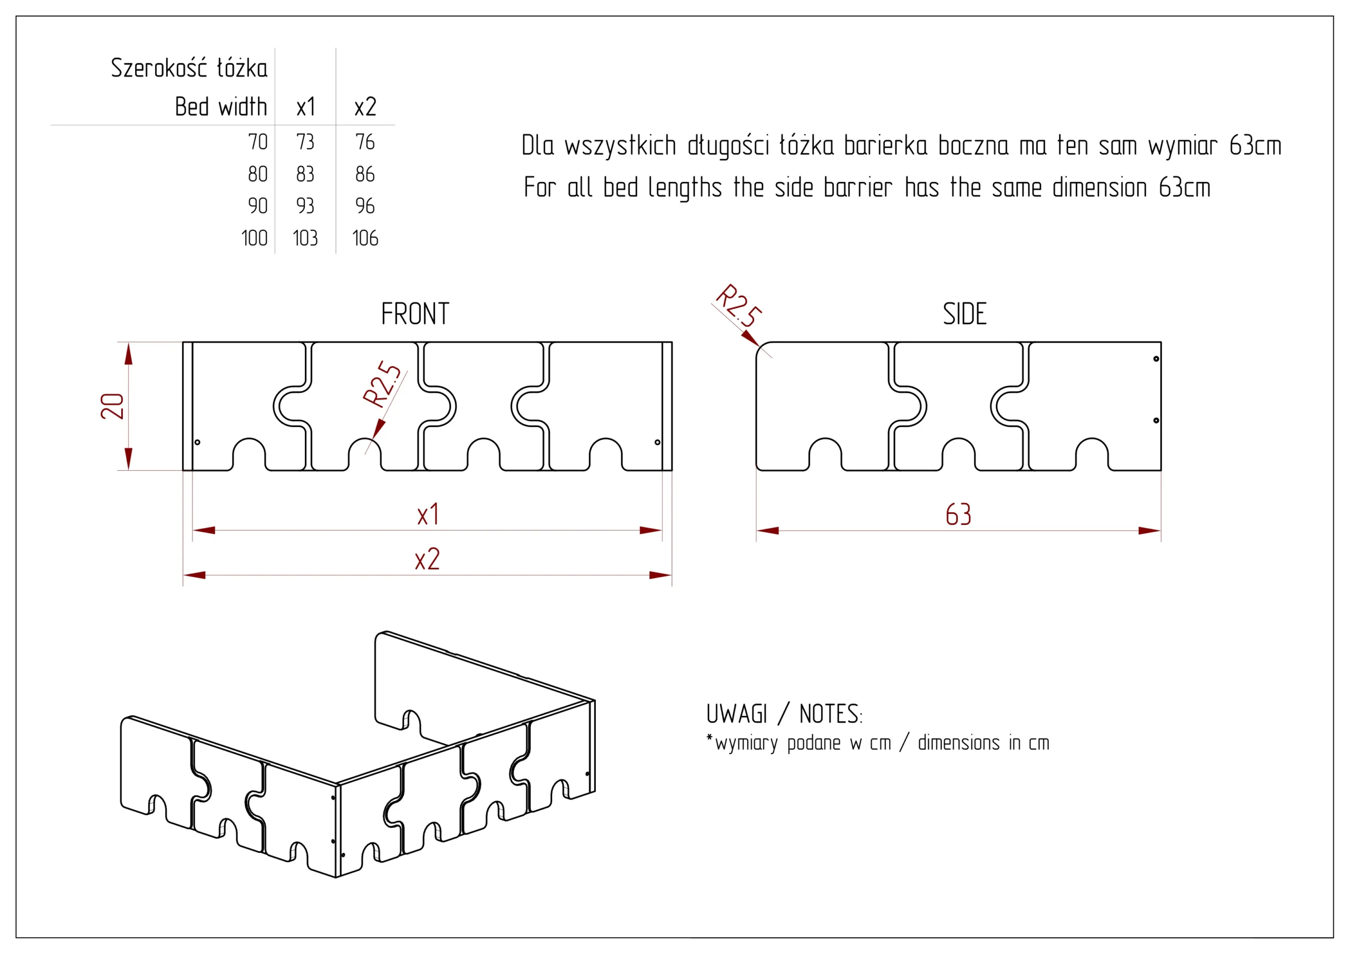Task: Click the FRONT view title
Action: point(415,314)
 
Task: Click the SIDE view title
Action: point(965,314)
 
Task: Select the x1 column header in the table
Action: point(306,107)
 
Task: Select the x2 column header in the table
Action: point(365,107)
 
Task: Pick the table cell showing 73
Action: point(305,142)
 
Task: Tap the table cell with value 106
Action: point(365,238)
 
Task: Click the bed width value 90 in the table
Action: point(257,206)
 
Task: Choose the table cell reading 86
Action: point(365,174)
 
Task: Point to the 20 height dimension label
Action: point(112,406)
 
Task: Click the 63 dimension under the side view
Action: point(958,514)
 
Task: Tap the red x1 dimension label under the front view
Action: point(428,515)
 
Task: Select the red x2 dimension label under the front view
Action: point(428,560)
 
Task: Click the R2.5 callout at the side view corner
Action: point(738,305)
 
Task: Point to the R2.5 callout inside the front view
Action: point(382,384)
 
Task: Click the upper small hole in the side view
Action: point(1156,358)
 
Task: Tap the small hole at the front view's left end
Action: point(198,442)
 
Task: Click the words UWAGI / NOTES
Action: point(784,714)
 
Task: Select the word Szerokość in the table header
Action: point(159,68)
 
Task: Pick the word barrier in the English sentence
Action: point(857,188)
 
